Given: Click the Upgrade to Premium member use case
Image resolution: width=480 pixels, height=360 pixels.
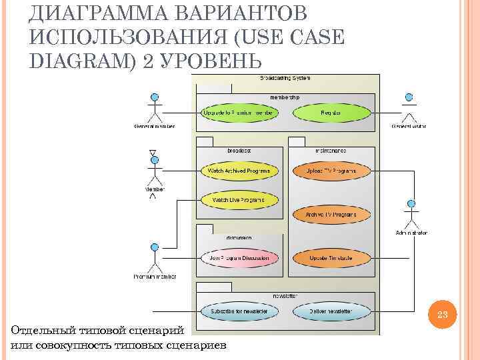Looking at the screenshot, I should [237, 113].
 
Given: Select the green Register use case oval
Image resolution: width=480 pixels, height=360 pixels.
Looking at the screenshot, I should [331, 113].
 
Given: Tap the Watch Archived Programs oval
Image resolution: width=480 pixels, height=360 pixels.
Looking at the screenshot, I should [239, 171].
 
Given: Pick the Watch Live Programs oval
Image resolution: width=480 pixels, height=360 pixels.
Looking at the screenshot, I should [237, 199].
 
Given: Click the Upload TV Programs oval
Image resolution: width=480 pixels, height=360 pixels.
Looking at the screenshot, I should [331, 171].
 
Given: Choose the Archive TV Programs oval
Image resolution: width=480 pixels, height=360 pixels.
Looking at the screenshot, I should [331, 215].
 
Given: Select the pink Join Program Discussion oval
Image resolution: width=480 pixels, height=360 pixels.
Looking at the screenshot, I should [237, 257].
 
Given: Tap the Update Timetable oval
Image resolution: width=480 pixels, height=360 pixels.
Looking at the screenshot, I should [331, 257].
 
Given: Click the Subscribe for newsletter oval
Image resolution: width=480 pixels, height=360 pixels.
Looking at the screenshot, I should [239, 311].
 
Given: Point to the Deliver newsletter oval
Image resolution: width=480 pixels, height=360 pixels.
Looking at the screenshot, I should [331, 311].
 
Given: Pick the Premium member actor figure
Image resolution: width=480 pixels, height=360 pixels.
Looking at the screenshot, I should [154, 258].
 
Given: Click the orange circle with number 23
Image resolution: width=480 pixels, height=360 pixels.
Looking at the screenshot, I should [445, 315].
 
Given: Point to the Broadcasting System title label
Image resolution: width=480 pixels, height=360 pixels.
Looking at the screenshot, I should [285, 78].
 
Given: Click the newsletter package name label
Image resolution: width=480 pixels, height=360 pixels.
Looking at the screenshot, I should [285, 295].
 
